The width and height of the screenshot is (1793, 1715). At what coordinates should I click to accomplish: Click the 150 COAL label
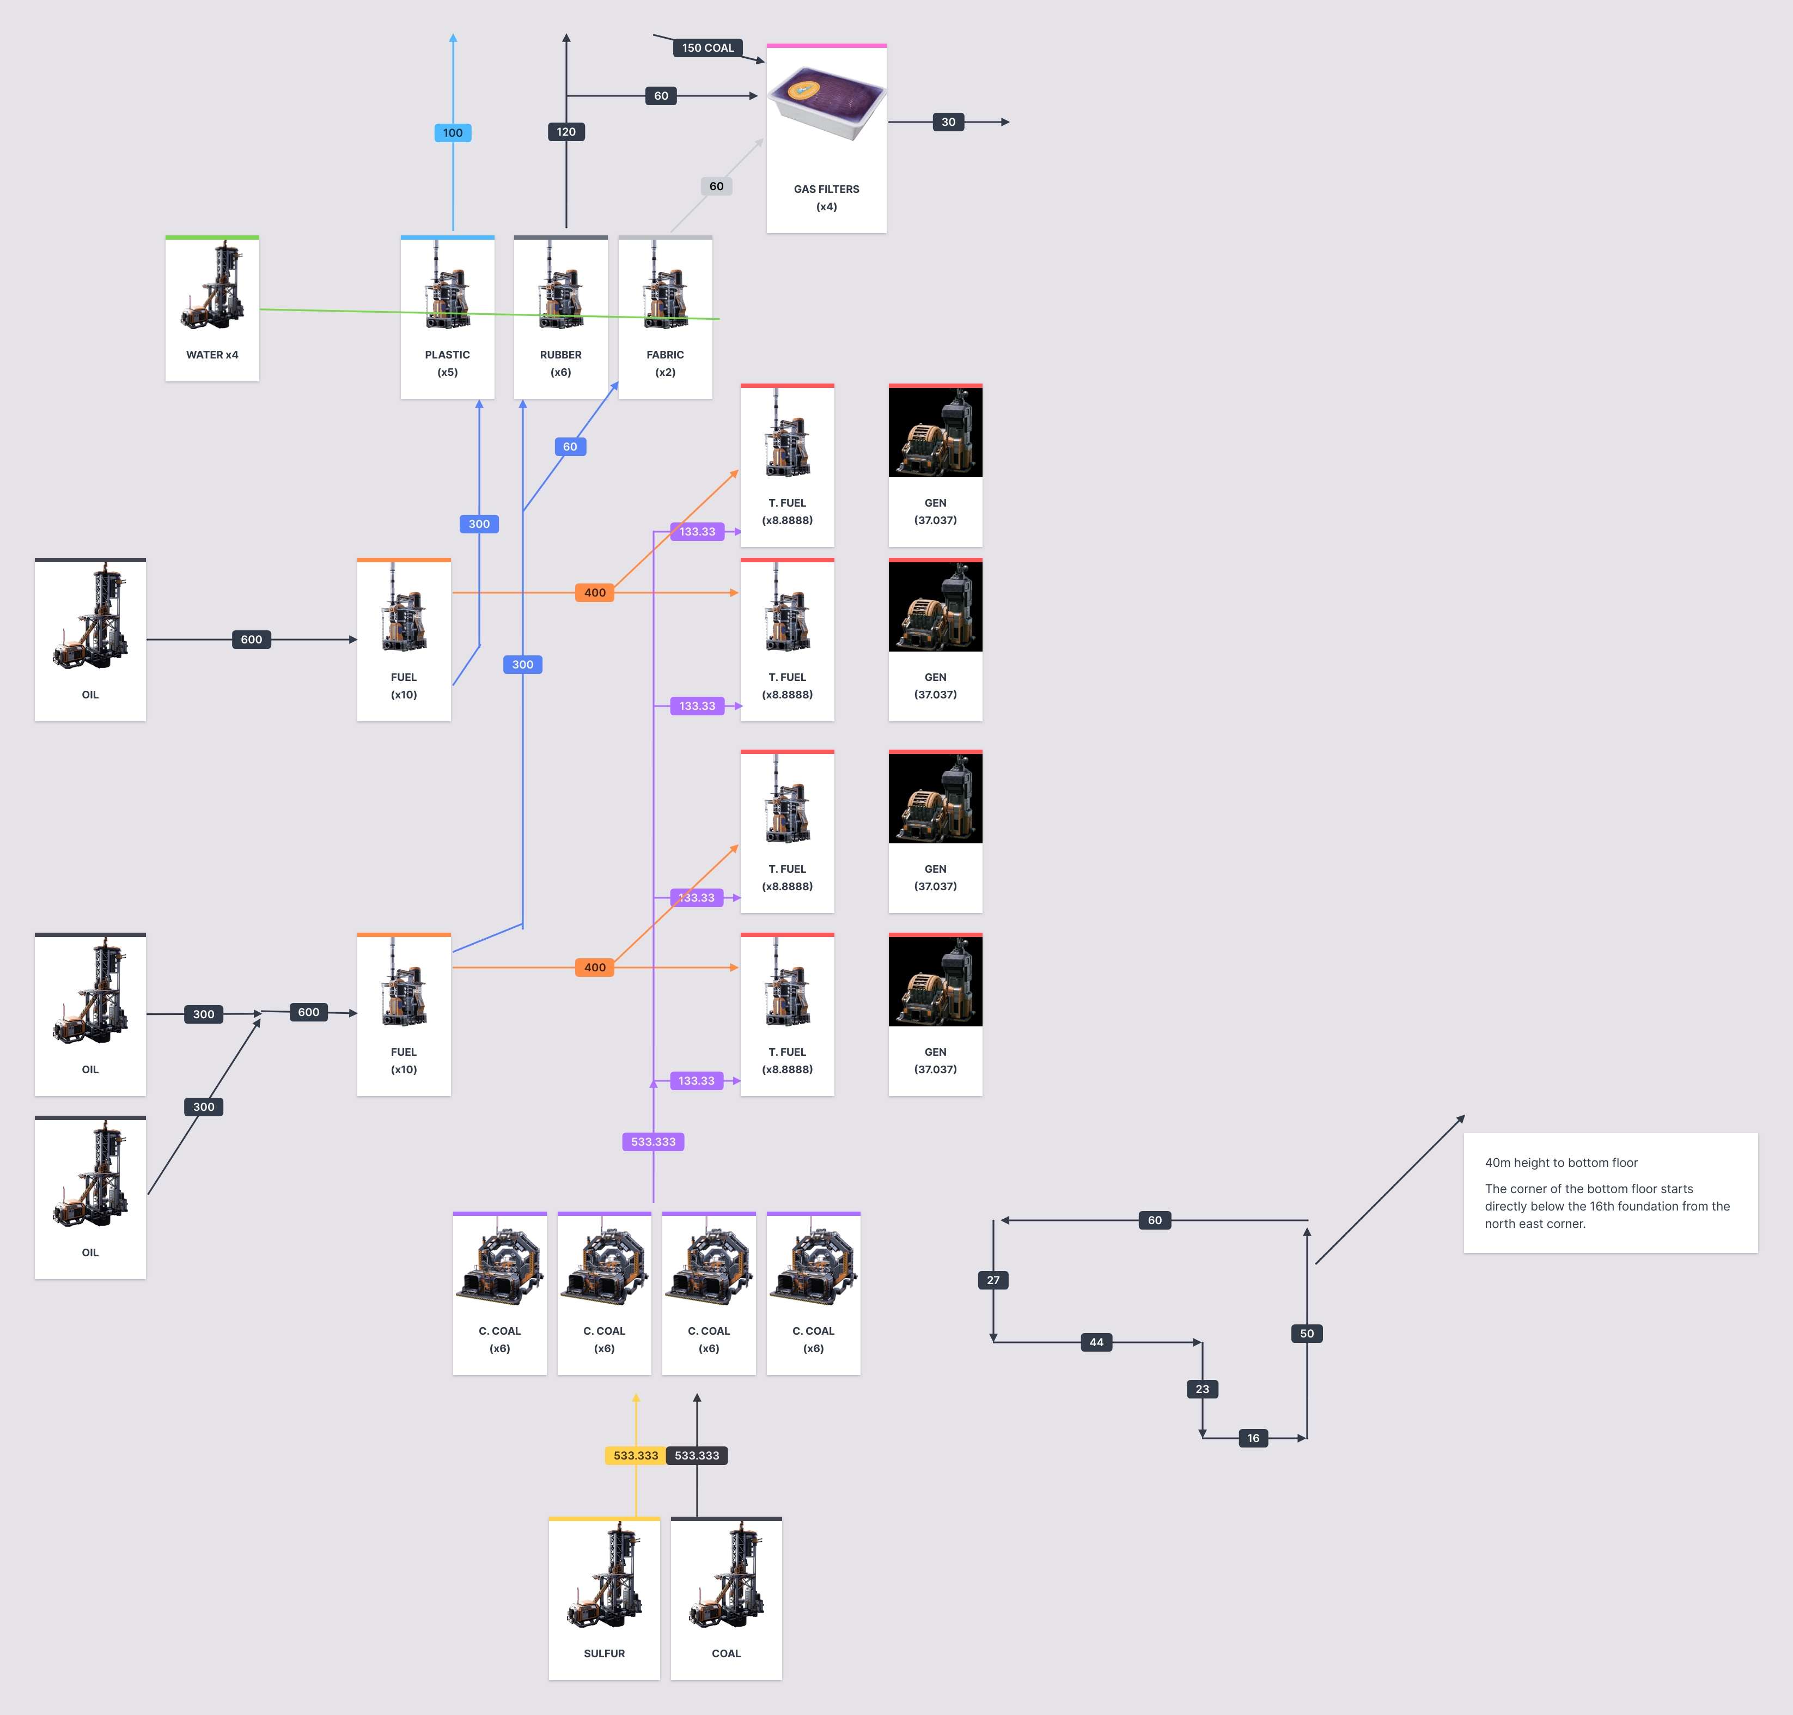pos(708,47)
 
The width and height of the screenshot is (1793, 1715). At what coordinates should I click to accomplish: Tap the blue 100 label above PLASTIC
pos(453,132)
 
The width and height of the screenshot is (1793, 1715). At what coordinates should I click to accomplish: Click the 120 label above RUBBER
pos(566,132)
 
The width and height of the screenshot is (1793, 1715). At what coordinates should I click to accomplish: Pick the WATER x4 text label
pos(212,355)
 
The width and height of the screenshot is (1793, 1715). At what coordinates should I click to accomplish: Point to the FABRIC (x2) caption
pos(665,363)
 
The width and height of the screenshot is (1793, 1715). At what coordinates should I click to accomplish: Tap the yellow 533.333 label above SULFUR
pos(635,1455)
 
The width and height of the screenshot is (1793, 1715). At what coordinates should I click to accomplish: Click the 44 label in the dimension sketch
pos(1096,1342)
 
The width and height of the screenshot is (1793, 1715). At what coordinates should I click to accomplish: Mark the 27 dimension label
pos(993,1280)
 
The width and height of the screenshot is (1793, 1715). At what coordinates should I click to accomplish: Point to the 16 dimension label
pos(1253,1438)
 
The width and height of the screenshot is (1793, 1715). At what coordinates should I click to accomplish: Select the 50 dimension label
pos(1307,1334)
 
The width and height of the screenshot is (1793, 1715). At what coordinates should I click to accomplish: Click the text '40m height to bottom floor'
pos(1561,1163)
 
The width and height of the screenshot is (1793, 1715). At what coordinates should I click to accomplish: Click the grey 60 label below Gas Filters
pos(716,186)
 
